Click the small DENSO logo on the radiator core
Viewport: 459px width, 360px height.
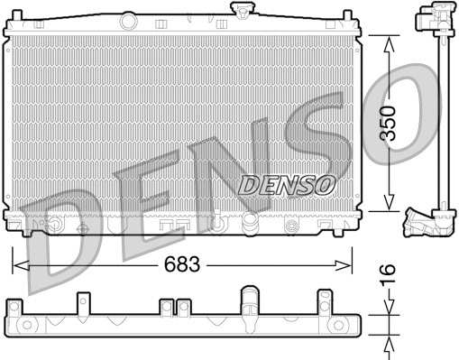[x=287, y=184]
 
